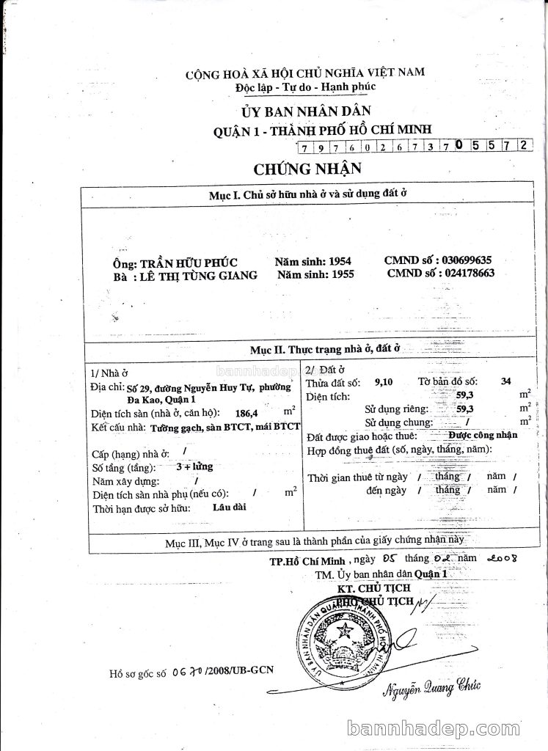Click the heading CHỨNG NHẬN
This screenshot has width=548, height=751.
(x=308, y=169)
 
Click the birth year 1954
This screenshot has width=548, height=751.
(x=339, y=261)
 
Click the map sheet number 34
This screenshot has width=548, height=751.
(x=505, y=381)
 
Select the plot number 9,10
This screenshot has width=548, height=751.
(x=383, y=382)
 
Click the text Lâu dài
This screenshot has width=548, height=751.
(x=226, y=507)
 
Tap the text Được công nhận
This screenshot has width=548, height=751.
(x=483, y=434)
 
